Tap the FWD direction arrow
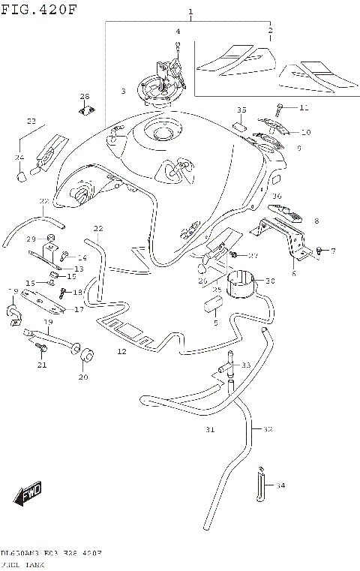tap(28, 493)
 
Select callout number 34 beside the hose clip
tap(280, 485)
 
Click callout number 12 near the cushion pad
tap(121, 351)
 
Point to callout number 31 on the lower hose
tap(211, 430)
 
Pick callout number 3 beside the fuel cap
tap(124, 92)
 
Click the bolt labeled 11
tap(281, 108)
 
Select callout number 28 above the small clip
tap(85, 96)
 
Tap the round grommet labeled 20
tap(87, 354)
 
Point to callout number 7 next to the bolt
tap(333, 251)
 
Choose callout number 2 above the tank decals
tap(270, 30)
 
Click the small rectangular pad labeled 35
tap(239, 125)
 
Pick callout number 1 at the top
tap(190, 12)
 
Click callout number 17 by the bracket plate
tap(77, 308)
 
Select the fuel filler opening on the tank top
tap(163, 134)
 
